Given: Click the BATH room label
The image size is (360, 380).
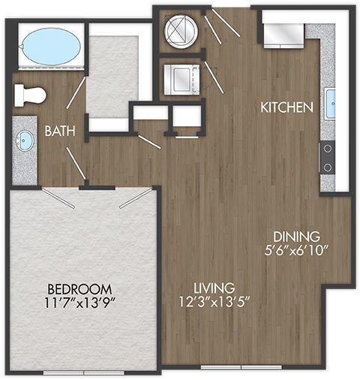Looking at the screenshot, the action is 60,131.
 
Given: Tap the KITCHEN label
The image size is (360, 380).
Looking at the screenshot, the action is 286,107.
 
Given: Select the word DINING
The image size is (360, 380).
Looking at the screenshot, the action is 296,237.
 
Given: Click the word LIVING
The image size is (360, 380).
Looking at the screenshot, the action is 214,288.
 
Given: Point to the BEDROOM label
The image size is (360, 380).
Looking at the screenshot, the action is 79,289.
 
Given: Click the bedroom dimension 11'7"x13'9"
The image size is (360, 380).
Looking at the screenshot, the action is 79,303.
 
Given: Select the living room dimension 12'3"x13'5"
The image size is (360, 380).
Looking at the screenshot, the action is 214,302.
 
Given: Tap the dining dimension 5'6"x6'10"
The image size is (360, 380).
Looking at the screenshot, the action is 296,250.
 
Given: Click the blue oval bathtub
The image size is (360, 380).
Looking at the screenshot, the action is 52,46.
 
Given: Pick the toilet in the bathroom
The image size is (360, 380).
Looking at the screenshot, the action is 30,95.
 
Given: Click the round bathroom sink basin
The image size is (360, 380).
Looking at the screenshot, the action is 24,140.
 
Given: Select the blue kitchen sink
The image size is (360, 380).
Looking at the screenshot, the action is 331,104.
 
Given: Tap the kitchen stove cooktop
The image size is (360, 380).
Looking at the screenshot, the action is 328,158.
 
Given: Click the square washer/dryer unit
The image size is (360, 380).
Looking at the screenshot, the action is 181,80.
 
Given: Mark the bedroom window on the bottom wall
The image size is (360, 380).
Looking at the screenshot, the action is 84,372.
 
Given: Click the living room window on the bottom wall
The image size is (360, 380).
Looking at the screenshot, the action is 241,367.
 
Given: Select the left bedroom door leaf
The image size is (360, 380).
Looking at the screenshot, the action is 58,198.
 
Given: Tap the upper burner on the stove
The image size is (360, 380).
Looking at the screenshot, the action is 328,149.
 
